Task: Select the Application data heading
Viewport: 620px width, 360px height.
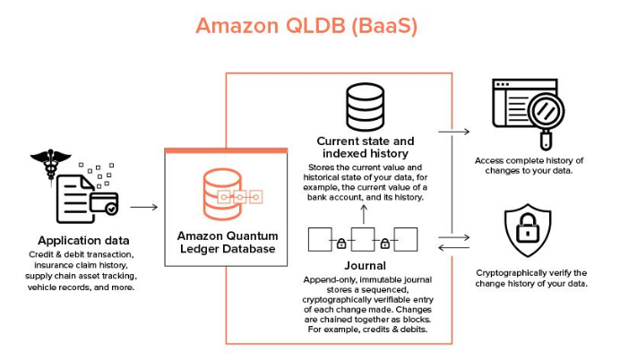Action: click(x=83, y=240)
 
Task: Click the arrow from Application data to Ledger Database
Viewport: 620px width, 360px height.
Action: click(x=142, y=207)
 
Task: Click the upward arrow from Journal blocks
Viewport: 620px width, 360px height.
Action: click(x=364, y=213)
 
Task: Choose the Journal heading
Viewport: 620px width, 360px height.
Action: click(x=365, y=265)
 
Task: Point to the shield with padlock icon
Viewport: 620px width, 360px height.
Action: click(x=529, y=229)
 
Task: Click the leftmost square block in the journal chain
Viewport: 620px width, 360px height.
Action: click(x=320, y=241)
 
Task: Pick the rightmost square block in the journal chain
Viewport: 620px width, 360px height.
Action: click(x=407, y=241)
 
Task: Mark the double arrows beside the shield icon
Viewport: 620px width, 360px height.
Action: click(x=455, y=242)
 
